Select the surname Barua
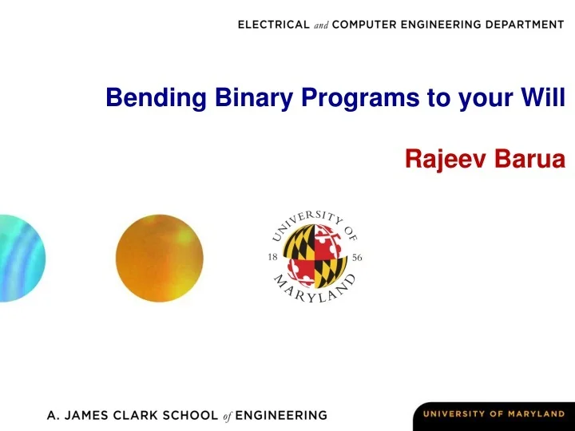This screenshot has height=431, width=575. pos(529,160)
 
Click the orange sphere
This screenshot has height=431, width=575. pos(159,257)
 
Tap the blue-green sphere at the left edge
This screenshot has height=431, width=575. pos(21,257)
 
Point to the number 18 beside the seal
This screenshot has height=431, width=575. pos(273,258)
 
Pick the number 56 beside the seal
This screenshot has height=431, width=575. pos(357,258)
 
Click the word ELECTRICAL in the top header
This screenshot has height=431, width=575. pos(275,25)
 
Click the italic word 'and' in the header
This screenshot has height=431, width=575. pos(320,25)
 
